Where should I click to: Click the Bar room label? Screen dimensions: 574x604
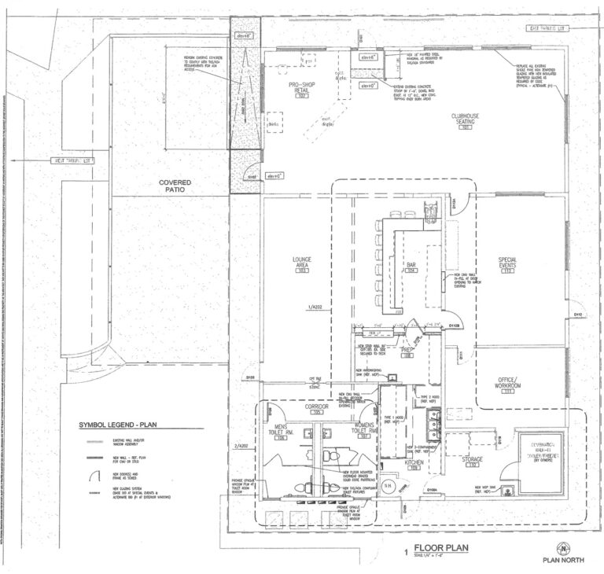[410, 267]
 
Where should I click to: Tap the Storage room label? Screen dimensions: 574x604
[473, 461]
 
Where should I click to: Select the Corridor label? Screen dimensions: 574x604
[319, 409]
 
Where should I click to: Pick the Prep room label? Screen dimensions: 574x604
[407, 351]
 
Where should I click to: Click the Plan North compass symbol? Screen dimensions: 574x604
[562, 547]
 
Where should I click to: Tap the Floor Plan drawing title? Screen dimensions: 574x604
[437, 550]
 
